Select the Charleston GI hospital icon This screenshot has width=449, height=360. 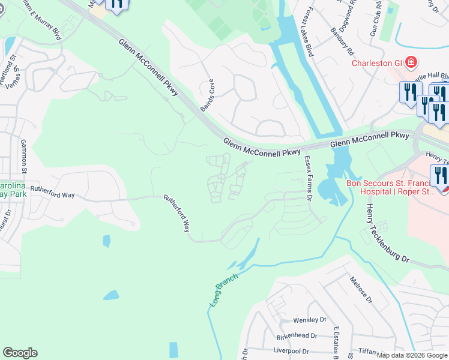[411, 62]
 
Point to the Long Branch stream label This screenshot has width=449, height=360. [223, 290]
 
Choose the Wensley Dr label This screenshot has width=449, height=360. [309, 320]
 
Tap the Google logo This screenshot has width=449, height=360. [20, 353]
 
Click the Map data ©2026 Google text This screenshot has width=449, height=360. [412, 355]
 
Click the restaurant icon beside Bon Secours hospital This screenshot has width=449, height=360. [439, 176]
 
